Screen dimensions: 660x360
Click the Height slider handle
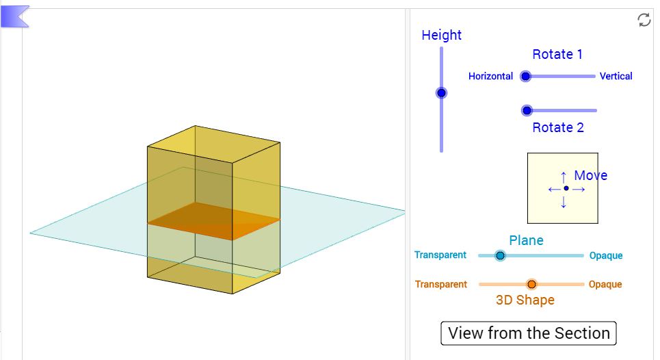tap(441, 93)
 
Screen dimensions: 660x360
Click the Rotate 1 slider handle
tap(525, 76)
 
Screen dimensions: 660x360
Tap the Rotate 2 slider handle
tap(527, 110)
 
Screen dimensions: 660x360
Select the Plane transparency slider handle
tap(500, 255)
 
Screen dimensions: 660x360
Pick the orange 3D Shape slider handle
tap(531, 284)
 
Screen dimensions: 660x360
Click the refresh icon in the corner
tap(644, 20)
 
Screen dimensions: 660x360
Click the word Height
tap(441, 35)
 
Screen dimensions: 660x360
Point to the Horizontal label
tap(490, 76)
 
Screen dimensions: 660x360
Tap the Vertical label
tap(616, 76)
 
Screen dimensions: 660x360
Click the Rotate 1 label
tap(557, 54)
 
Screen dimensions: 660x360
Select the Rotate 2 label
tap(557, 127)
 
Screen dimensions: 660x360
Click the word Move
tap(590, 175)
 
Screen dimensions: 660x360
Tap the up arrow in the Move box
tap(564, 176)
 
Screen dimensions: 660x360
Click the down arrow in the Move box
tap(564, 202)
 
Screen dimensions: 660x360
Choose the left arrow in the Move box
tap(553, 189)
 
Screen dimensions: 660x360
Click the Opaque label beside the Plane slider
tap(606, 255)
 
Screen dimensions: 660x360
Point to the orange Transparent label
tap(440, 284)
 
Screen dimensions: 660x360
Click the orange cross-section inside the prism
tap(213, 220)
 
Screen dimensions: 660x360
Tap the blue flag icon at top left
tap(14, 16)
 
